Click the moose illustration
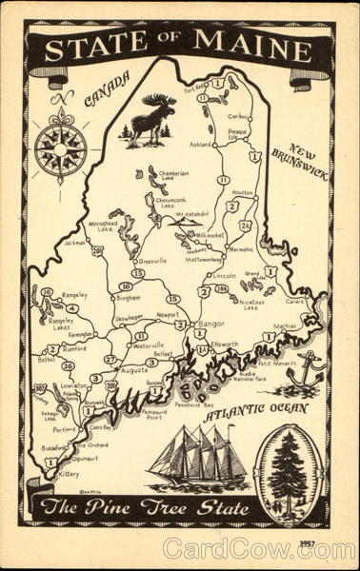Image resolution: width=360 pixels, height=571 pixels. pos(152,119)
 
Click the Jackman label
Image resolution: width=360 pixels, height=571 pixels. pos(75,243)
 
